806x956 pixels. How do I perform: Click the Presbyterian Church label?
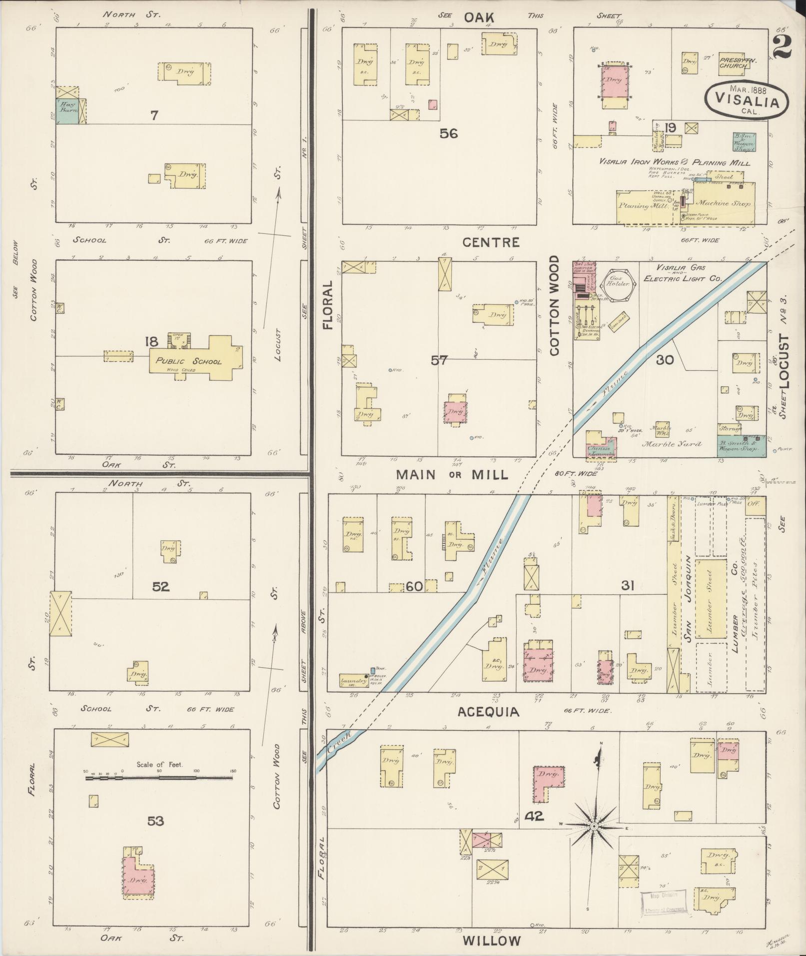[x=738, y=62]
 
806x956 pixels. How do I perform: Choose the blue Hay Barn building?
[x=66, y=111]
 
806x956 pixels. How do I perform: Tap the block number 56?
[x=449, y=133]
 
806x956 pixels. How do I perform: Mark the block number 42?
[x=534, y=817]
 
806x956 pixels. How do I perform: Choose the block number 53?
[x=155, y=821]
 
